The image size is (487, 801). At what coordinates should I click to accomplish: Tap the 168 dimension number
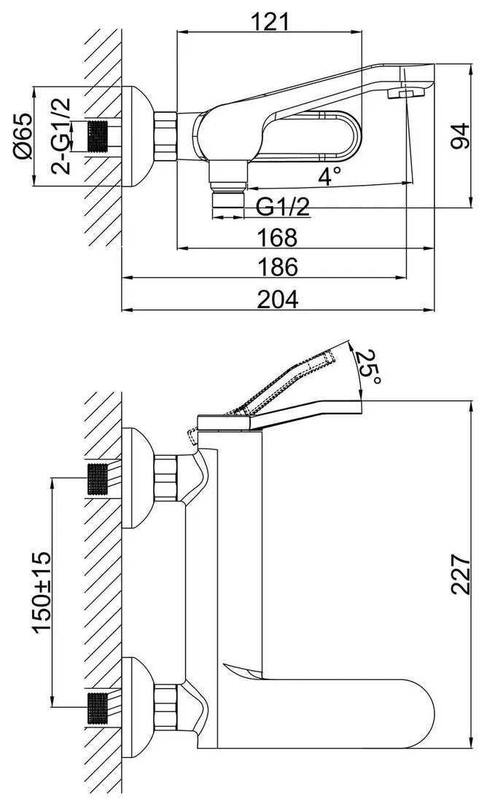[278, 237]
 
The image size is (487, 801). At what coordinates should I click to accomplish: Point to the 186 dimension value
[278, 267]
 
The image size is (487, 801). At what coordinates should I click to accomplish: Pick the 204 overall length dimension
[278, 299]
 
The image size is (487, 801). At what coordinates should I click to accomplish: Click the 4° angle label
[329, 175]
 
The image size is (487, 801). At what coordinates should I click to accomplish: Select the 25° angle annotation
[367, 368]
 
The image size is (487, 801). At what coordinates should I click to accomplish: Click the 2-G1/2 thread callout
[61, 135]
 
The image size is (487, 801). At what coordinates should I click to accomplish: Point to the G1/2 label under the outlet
[283, 207]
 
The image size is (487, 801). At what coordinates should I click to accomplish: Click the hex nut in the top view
[166, 136]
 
